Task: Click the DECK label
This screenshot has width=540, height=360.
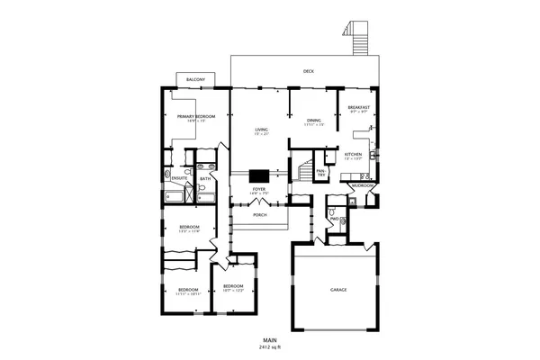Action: click(308, 70)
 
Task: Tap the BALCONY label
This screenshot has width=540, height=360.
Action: click(195, 80)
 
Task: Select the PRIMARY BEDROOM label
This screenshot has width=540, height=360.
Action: click(195, 117)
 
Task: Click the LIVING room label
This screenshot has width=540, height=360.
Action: click(261, 130)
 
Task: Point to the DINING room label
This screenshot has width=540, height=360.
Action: click(313, 120)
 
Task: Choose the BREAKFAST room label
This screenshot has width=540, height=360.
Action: click(358, 108)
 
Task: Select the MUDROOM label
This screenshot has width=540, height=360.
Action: click(362, 185)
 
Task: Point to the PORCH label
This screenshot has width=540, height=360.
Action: click(259, 215)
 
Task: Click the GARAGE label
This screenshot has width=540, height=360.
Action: click(338, 290)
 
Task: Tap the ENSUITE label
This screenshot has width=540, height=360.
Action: click(179, 178)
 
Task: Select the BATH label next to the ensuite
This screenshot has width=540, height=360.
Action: click(205, 178)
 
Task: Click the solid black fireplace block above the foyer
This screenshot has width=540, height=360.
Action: click(259, 176)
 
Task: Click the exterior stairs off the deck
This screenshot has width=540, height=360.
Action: click(359, 38)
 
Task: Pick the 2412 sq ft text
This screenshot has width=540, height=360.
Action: click(270, 346)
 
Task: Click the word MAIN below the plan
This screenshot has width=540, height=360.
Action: click(270, 339)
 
